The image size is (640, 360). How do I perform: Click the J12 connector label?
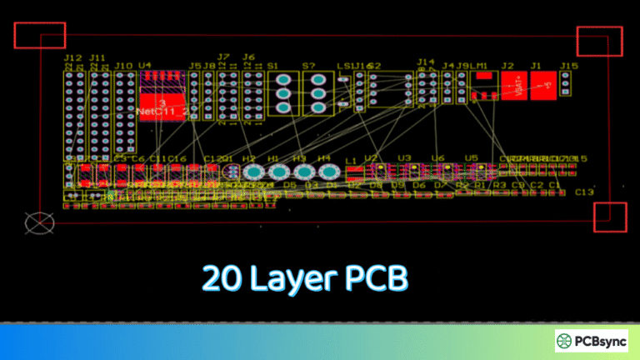click(72, 58)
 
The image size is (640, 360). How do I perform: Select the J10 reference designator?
click(123, 65)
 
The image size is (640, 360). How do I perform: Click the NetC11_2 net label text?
click(163, 111)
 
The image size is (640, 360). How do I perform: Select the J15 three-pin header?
click(566, 82)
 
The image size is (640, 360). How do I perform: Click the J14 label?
click(426, 62)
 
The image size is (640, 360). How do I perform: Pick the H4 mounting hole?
click(324, 172)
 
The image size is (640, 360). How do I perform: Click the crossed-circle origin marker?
click(37, 222)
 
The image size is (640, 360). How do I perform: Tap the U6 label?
click(438, 158)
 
